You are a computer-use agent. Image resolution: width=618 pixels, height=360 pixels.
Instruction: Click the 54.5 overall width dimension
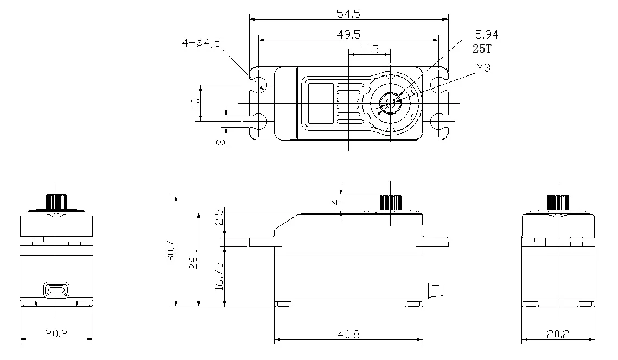[348, 14]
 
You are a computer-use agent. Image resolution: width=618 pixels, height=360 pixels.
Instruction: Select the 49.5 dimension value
[348, 35]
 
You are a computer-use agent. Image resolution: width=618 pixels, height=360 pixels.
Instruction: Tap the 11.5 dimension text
[369, 49]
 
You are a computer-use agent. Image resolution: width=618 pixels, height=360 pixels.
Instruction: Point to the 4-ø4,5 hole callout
[201, 42]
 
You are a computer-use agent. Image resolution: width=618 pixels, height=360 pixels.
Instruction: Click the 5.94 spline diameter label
[486, 35]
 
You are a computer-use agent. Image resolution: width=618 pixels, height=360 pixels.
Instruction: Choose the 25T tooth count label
[482, 48]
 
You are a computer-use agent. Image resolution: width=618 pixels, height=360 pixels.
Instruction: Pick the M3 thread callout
[483, 68]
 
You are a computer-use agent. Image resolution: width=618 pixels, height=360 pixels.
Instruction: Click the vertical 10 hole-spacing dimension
[195, 103]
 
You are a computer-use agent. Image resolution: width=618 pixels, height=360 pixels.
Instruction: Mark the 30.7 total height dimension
[171, 250]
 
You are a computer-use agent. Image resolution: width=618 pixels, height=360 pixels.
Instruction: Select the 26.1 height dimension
[193, 259]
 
